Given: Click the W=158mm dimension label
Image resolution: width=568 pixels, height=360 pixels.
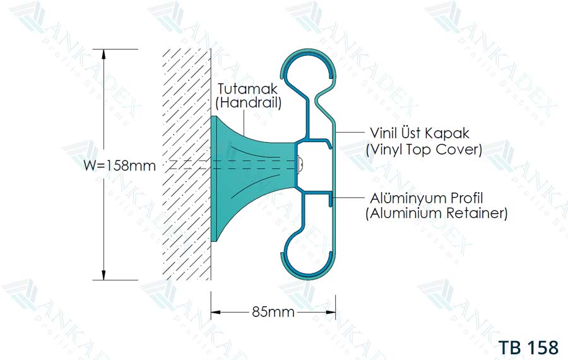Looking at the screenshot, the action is point(119,165).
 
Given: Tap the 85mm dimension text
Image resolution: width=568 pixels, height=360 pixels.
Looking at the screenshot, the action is point(273,312).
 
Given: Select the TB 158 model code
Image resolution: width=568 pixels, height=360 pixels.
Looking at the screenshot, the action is point(528,347).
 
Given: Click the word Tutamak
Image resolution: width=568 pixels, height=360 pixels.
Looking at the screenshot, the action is point(247,89).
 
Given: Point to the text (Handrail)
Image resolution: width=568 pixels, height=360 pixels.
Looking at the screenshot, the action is point(249,103).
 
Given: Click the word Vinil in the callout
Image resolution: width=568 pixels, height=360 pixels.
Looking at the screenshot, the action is point(384,133).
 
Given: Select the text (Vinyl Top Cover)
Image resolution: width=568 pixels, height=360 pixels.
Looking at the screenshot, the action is point(424,149).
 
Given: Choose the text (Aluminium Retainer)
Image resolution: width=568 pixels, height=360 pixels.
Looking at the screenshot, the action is point(437,213).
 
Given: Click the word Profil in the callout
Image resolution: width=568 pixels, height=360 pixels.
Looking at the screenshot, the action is point(466,198).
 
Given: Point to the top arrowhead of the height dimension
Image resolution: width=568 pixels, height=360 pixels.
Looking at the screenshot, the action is point(104,54).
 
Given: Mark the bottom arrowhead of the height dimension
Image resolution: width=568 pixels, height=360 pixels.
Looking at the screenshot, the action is point(104,275).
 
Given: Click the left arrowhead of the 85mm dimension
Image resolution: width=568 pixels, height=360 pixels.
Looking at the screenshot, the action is point(216,312).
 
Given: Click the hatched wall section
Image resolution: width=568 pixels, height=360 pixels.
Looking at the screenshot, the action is point(187,165).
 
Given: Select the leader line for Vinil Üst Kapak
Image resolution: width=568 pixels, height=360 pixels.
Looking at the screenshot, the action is point(350,133).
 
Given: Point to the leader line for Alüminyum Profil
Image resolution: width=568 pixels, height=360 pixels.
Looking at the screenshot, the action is point(348,198).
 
